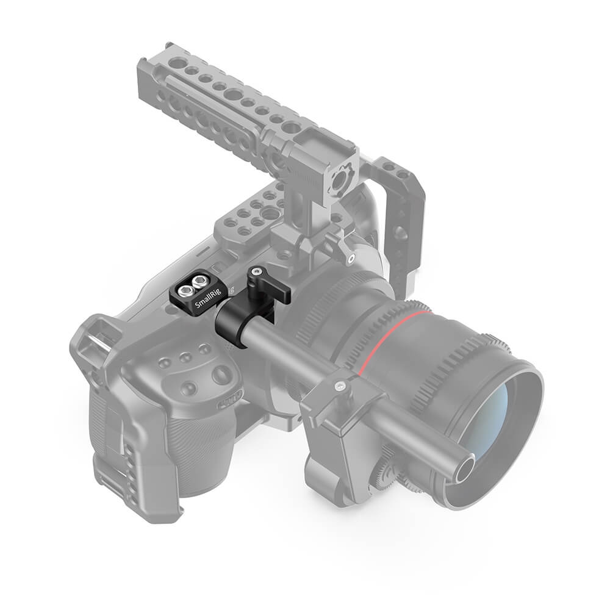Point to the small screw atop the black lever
tap(257, 271)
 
